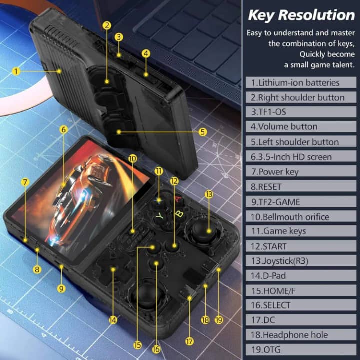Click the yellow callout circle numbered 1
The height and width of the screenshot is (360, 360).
[16, 71]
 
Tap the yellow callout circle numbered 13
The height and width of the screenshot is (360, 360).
[209, 194]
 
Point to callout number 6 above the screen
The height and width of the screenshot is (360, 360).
[63, 129]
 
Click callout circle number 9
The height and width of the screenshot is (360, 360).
[61, 288]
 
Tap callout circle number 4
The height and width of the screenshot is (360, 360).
[146, 53]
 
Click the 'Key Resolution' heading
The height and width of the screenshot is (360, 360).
[301, 15]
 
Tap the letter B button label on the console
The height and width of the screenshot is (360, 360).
[178, 215]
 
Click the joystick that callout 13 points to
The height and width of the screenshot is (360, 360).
[198, 230]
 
